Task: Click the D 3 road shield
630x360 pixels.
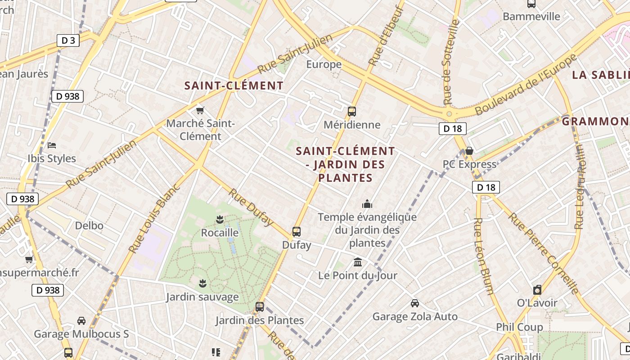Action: (68, 40)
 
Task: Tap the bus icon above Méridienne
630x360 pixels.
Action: (352, 111)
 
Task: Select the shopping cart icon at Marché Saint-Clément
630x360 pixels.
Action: (200, 110)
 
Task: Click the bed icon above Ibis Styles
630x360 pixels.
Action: (52, 145)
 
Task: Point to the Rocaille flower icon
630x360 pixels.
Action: (220, 220)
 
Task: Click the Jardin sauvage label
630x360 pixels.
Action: (202, 297)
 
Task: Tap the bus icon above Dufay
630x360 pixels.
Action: (296, 232)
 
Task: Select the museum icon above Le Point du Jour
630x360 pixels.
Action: (358, 262)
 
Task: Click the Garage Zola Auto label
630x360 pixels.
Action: (415, 317)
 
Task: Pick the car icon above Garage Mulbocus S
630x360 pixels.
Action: (81, 321)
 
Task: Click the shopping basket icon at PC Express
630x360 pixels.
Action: (469, 151)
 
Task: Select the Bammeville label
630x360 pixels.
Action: (531, 17)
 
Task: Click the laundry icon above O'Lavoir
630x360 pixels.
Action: (537, 290)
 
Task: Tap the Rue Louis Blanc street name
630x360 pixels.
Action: (154, 218)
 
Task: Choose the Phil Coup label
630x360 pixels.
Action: (519, 327)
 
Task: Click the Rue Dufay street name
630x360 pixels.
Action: (251, 207)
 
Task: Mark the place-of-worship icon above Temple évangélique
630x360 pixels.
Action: (367, 204)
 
